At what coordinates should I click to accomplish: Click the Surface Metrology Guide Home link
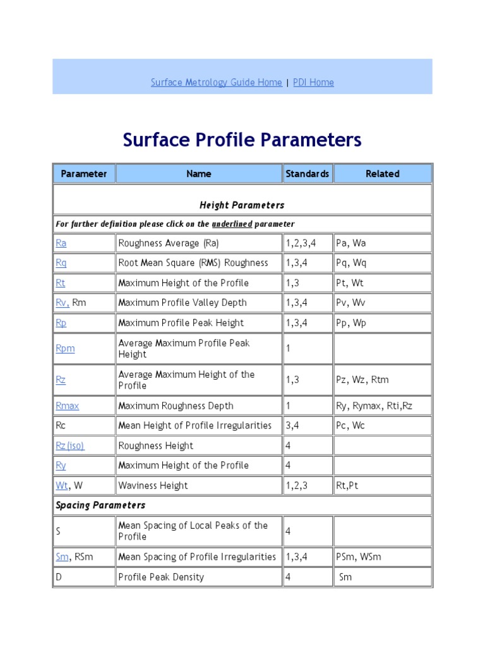pyautogui.click(x=216, y=82)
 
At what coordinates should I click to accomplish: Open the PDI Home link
pyautogui.click(x=313, y=82)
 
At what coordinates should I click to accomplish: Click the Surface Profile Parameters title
pyautogui.click(x=242, y=140)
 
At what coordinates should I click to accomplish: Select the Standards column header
pyautogui.click(x=307, y=174)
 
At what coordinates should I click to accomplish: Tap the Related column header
pyautogui.click(x=382, y=174)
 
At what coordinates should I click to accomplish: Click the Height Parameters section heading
pyautogui.click(x=242, y=205)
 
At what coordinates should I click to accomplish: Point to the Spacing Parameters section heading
pyautogui.click(x=100, y=505)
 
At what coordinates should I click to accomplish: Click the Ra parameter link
pyautogui.click(x=61, y=243)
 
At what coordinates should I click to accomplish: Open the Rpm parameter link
pyautogui.click(x=65, y=349)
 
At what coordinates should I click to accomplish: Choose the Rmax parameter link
pyautogui.click(x=67, y=406)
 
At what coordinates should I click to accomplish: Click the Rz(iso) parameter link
pyautogui.click(x=69, y=446)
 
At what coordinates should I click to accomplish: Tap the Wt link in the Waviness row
pyautogui.click(x=61, y=486)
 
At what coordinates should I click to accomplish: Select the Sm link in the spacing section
pyautogui.click(x=62, y=557)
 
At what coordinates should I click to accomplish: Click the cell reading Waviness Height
pyautogui.click(x=153, y=486)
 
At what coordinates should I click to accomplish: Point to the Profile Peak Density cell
pyautogui.click(x=161, y=577)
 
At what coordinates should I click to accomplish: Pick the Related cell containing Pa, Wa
pyautogui.click(x=350, y=243)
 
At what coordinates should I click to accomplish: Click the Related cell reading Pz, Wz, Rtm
pyautogui.click(x=362, y=380)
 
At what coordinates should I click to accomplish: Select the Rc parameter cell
pyautogui.click(x=61, y=426)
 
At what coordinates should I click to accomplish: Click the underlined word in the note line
pyautogui.click(x=232, y=224)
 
